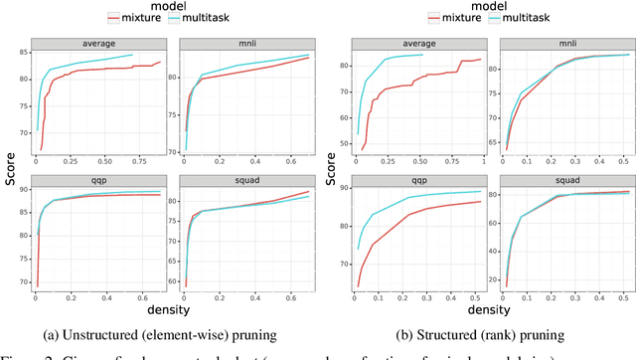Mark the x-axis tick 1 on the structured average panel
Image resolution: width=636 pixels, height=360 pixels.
pos(483,161)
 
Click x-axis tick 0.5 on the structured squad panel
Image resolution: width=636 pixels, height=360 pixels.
pos(623,297)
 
